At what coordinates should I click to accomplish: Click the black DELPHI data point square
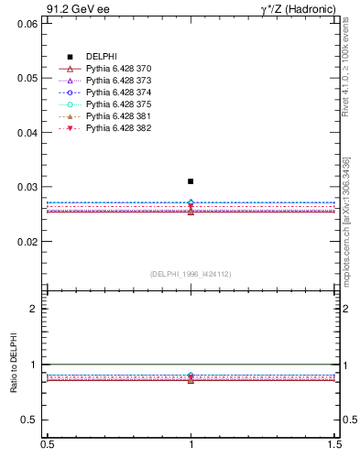pyautogui.click(x=191, y=181)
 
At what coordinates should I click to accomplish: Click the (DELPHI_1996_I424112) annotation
pyautogui.click(x=191, y=274)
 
